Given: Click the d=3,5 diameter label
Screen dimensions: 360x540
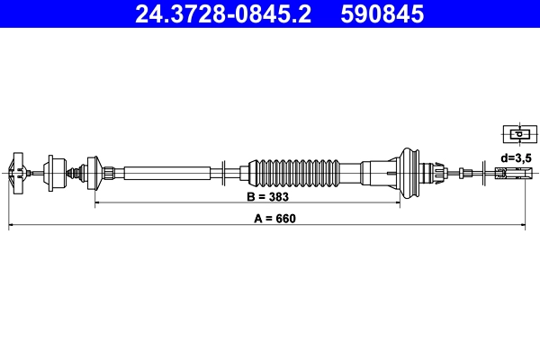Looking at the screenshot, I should pos(517,157).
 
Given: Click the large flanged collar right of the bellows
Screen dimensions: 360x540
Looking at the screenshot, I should pos(409,171).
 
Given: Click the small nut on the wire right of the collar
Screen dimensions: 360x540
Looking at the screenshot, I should pos(463,171).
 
